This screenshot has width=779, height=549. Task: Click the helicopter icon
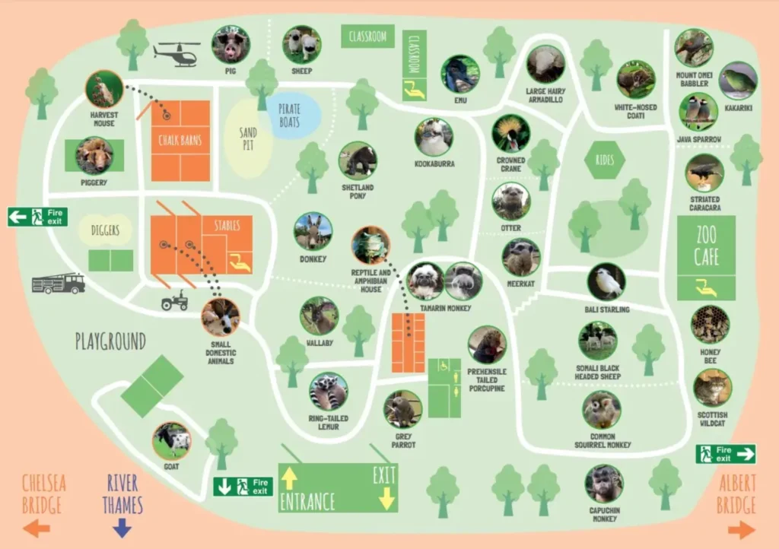177,53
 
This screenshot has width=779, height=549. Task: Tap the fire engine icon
59,284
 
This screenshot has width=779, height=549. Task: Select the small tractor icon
174,302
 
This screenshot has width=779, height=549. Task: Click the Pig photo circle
231,44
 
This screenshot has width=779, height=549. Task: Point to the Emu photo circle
460,74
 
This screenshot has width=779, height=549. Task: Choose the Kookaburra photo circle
434,138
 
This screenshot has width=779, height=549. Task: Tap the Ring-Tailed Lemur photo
329,392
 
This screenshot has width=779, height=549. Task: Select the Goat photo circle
172,441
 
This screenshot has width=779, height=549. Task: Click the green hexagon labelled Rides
605,160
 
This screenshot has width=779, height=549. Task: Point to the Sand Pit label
248,138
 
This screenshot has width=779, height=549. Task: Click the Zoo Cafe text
706,245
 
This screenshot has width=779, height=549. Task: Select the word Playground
110,341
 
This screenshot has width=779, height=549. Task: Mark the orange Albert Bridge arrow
740,529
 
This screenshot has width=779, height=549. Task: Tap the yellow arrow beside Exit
386,499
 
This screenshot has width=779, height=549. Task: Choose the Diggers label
105,230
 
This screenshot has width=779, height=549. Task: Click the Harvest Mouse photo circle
104,90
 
